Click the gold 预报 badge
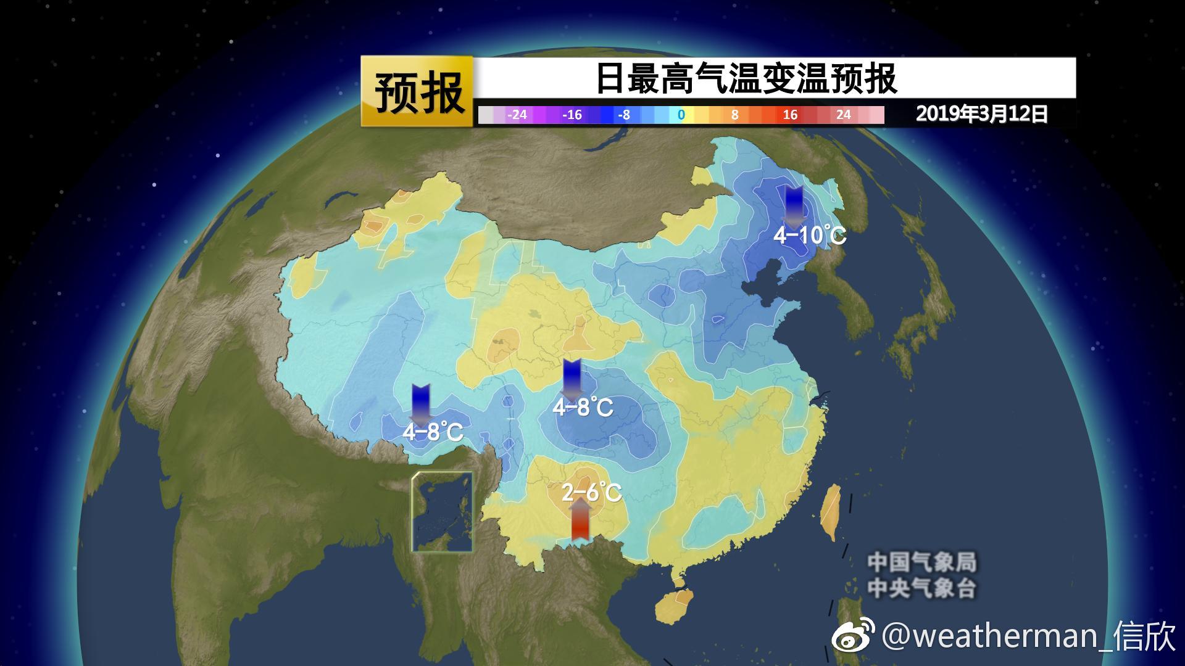point(418,91)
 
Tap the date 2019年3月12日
point(981,114)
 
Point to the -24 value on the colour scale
point(517,115)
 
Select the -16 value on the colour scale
point(572,115)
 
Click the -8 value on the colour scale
point(624,115)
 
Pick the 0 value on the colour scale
point(681,115)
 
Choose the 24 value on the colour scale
point(843,115)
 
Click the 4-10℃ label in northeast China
point(809,235)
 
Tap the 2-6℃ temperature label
point(591,492)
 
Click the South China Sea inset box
point(443,512)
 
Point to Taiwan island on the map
point(831,512)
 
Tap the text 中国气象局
point(922,562)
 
